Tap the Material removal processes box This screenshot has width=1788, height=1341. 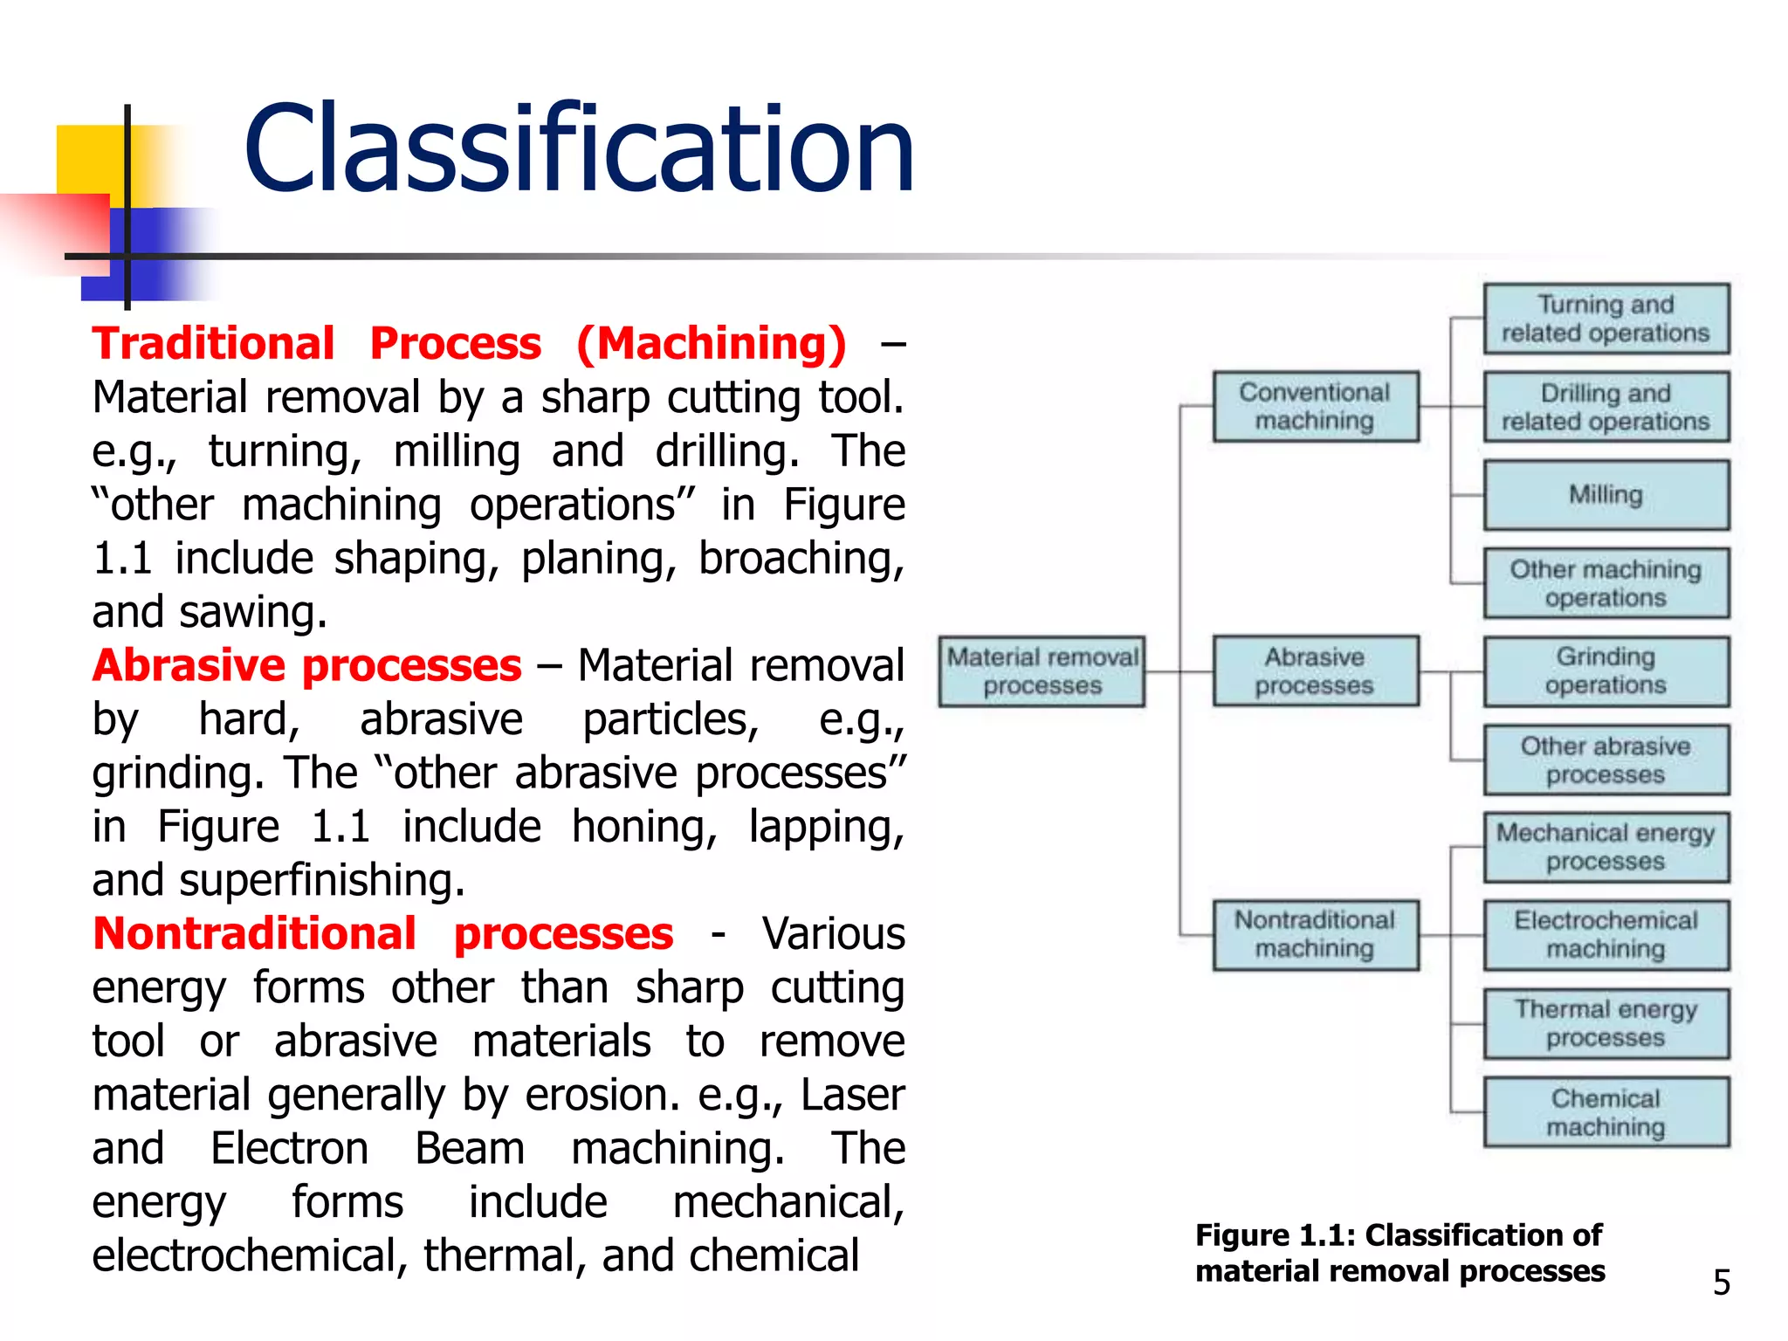1042,671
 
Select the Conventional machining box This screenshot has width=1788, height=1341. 1315,406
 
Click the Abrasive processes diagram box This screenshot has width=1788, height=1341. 1315,670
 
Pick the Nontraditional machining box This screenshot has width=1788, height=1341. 1315,934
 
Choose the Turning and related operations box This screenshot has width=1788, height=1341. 1606,319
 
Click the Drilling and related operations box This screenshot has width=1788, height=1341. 1606,407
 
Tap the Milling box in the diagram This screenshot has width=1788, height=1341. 1606,495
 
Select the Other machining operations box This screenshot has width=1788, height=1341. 1606,583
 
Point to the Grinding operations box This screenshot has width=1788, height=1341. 1606,670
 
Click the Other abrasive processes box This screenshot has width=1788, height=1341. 1606,760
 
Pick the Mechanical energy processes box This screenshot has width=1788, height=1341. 1606,847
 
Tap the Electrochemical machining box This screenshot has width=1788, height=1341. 1606,935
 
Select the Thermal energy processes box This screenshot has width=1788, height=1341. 1606,1023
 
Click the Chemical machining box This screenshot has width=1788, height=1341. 1606,1112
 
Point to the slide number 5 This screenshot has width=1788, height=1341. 1721,1283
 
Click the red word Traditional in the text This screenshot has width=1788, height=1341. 213,343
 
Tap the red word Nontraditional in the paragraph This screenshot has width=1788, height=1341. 254,934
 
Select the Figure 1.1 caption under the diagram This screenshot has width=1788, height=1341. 1399,1253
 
